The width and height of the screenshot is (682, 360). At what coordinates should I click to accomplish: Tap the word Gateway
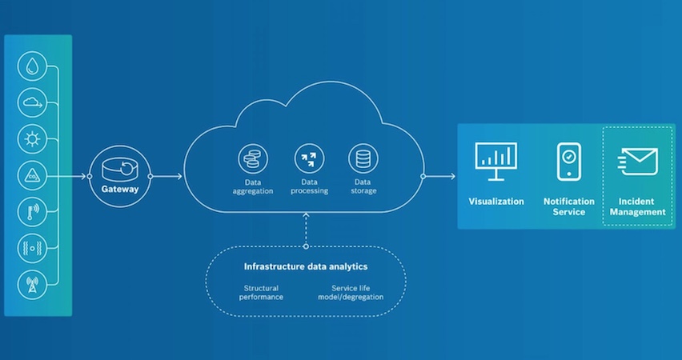[x=120, y=190]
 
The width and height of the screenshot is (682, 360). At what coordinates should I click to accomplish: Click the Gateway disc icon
[x=120, y=169]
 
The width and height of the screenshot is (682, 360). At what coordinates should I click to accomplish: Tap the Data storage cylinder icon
[x=362, y=158]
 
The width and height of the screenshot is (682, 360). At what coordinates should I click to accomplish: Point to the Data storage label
[x=362, y=186]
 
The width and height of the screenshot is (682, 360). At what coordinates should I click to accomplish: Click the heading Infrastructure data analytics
[x=306, y=266]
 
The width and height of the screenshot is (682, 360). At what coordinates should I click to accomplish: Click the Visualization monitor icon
[x=496, y=161]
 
